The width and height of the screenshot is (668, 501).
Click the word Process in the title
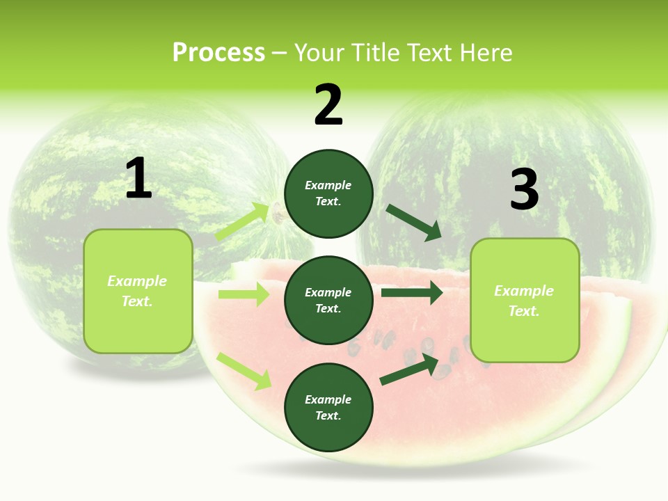click(x=218, y=53)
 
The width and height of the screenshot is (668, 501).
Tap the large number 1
click(x=138, y=179)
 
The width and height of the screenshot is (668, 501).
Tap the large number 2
click(x=328, y=105)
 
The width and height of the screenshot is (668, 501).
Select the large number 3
click(x=524, y=189)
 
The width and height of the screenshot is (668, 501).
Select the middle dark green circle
click(x=328, y=301)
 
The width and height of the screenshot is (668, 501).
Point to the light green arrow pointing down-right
click(x=244, y=371)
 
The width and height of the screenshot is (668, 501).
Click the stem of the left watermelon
click(x=278, y=212)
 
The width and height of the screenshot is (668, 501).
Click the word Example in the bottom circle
click(x=328, y=399)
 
